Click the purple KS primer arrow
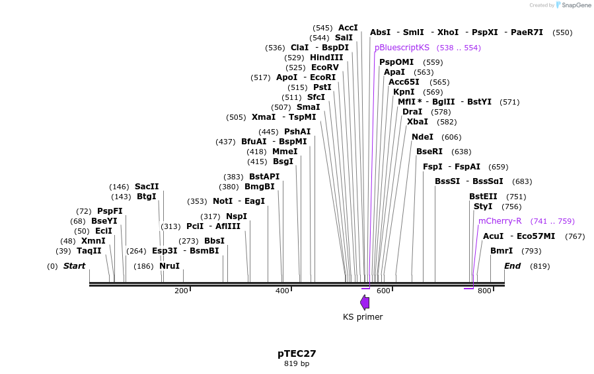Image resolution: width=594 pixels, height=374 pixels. coord(365,303)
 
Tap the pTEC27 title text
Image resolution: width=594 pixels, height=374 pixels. coord(292,353)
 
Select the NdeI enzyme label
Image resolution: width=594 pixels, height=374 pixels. coord(422,137)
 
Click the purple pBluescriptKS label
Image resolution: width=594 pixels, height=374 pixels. coord(402,48)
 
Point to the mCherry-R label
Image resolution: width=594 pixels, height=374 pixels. coord(500,221)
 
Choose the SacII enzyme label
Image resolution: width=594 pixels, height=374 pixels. coord(147,187)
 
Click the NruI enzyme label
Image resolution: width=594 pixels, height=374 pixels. coord(169,266)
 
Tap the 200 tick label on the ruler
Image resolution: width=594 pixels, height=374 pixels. coord(181,291)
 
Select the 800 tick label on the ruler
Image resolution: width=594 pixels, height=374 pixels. coord(484,291)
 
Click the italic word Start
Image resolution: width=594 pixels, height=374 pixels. coord(74,266)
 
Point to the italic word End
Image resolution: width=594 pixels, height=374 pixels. coord(512,266)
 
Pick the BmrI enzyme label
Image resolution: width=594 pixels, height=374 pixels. coord(501,251)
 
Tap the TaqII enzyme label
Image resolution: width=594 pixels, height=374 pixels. coord(89,251)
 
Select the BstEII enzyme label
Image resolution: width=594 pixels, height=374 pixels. coord(483,197)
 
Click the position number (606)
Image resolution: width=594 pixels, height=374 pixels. coord(451,137)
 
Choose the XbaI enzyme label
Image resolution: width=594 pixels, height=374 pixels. coord(418,122)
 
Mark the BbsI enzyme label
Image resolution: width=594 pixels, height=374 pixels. coord(214,241)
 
